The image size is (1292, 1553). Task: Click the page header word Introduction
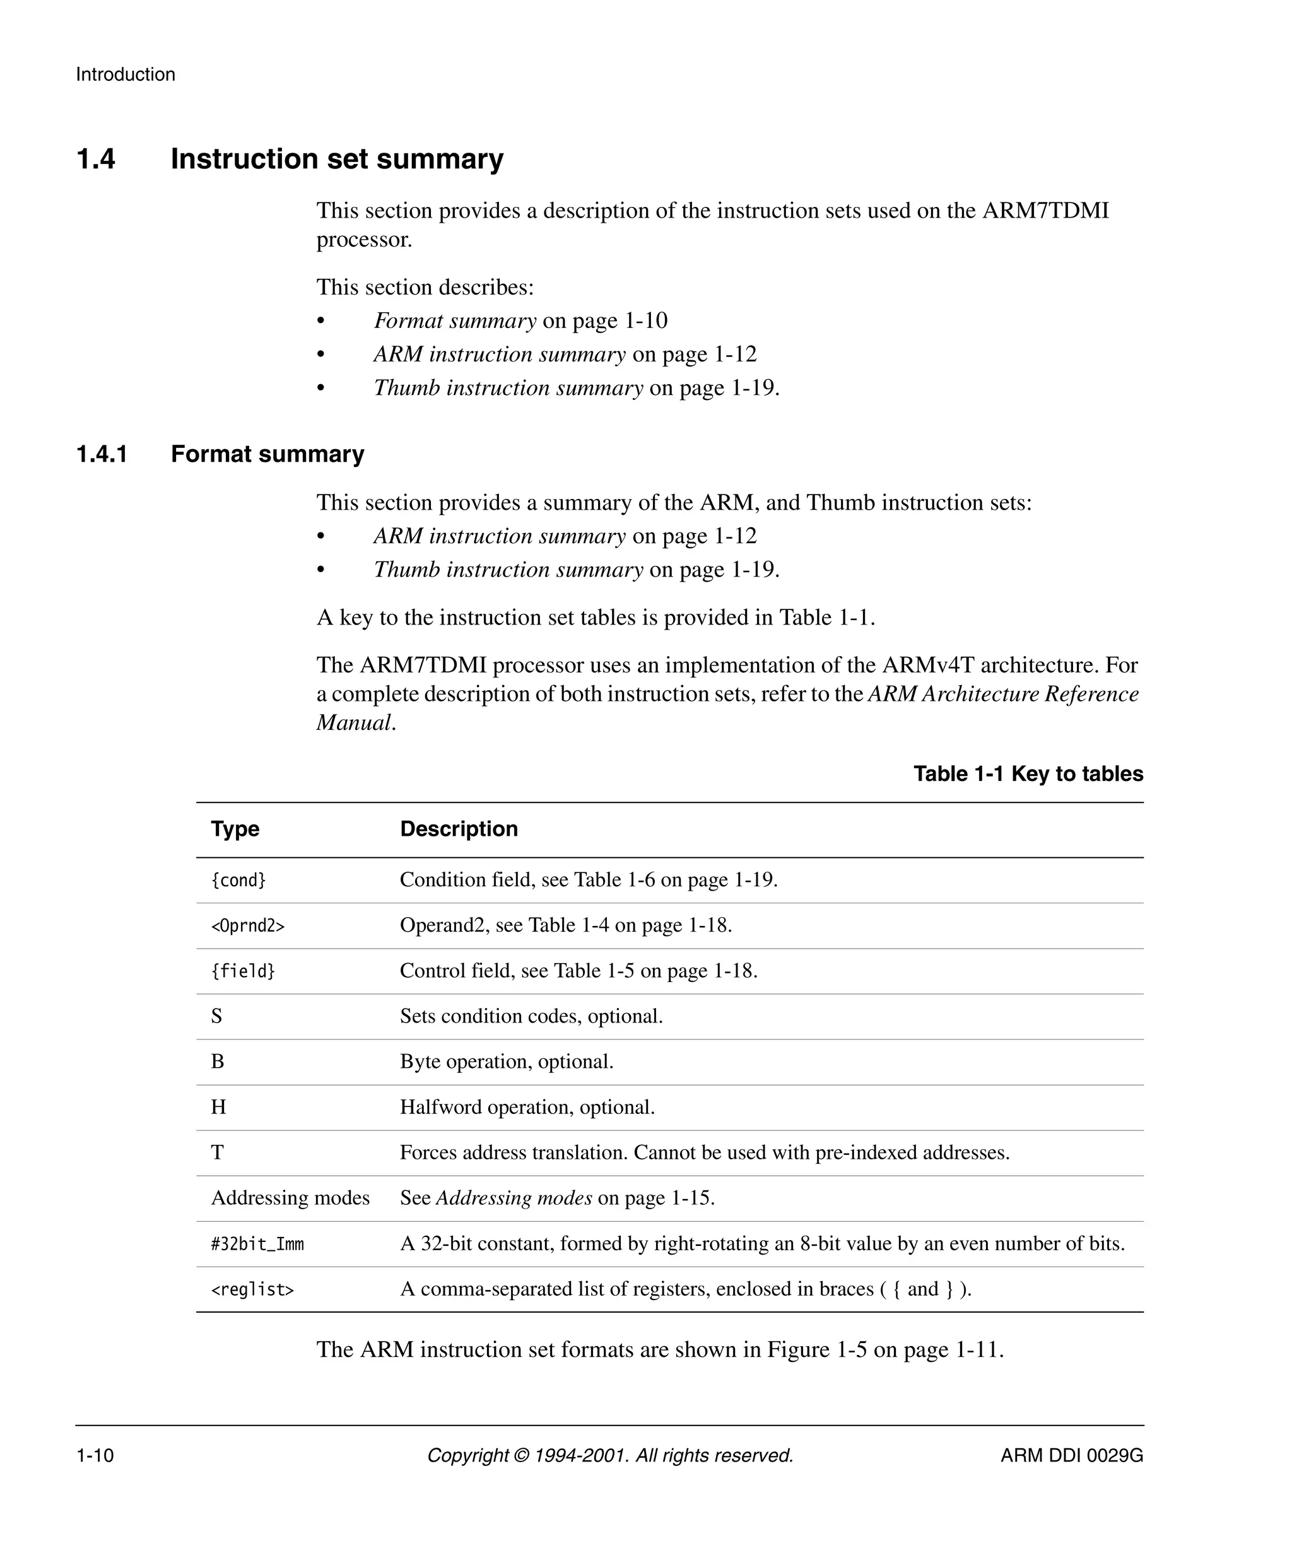(125, 74)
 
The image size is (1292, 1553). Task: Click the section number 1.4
(95, 159)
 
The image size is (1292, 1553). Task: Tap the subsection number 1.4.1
(102, 454)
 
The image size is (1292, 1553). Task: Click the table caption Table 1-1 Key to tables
(1027, 773)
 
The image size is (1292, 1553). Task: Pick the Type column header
(235, 829)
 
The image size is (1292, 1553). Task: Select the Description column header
(459, 829)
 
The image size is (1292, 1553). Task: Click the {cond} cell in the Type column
(238, 880)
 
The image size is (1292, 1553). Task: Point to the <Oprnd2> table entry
(248, 926)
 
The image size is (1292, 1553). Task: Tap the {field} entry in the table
(243, 971)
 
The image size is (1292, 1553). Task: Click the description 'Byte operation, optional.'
(507, 1062)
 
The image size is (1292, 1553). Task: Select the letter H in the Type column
(218, 1107)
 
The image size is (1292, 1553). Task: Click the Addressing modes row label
(290, 1198)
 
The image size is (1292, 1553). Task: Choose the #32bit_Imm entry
(257, 1244)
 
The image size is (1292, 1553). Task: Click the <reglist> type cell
(252, 1290)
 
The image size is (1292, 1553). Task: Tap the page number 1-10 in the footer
(95, 1455)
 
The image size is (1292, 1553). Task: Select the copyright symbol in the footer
(521, 1455)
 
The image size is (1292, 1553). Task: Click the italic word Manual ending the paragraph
(353, 722)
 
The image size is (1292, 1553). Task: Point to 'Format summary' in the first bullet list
(455, 321)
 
